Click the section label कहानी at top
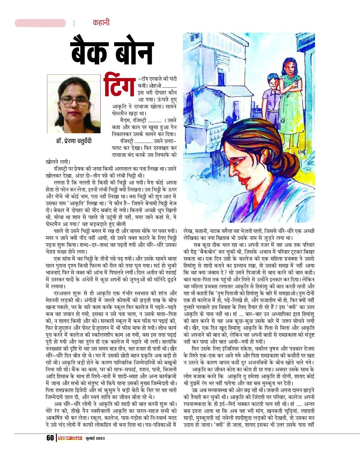pos(101,23)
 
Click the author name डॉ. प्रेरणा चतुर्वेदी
pos(74,141)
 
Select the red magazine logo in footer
pos(70,438)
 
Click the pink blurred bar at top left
pos(40,23)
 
